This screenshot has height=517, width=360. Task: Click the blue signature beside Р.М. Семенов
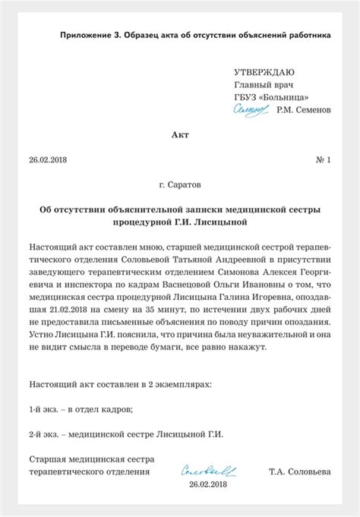(x=251, y=110)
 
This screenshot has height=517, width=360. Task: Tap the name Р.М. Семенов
(x=304, y=110)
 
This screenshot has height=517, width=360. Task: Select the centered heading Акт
(x=179, y=135)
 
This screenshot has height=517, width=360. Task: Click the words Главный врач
(x=264, y=84)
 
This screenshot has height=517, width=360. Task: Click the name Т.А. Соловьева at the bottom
(x=299, y=471)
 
